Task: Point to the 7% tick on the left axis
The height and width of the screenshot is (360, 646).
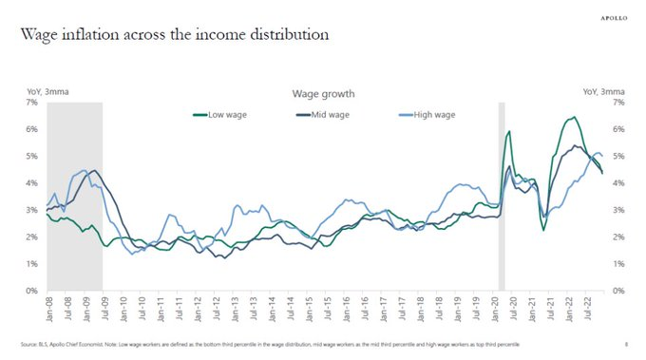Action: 30,102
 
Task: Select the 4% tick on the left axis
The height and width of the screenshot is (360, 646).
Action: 30,182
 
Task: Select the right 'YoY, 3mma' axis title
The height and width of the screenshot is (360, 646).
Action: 602,91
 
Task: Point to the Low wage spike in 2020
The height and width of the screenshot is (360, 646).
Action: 509,132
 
